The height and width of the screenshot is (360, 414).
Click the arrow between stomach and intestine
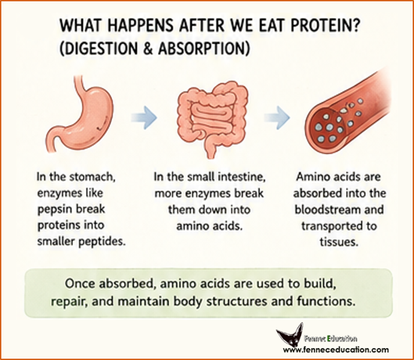pos(144,117)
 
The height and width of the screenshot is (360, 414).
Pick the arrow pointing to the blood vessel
pos(277,117)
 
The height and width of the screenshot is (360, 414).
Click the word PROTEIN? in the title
pos(325,26)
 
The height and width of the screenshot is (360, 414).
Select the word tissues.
pos(339,242)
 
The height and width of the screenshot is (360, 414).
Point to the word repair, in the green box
pos(69,301)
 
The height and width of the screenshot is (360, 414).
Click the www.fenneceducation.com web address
pos(336,350)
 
